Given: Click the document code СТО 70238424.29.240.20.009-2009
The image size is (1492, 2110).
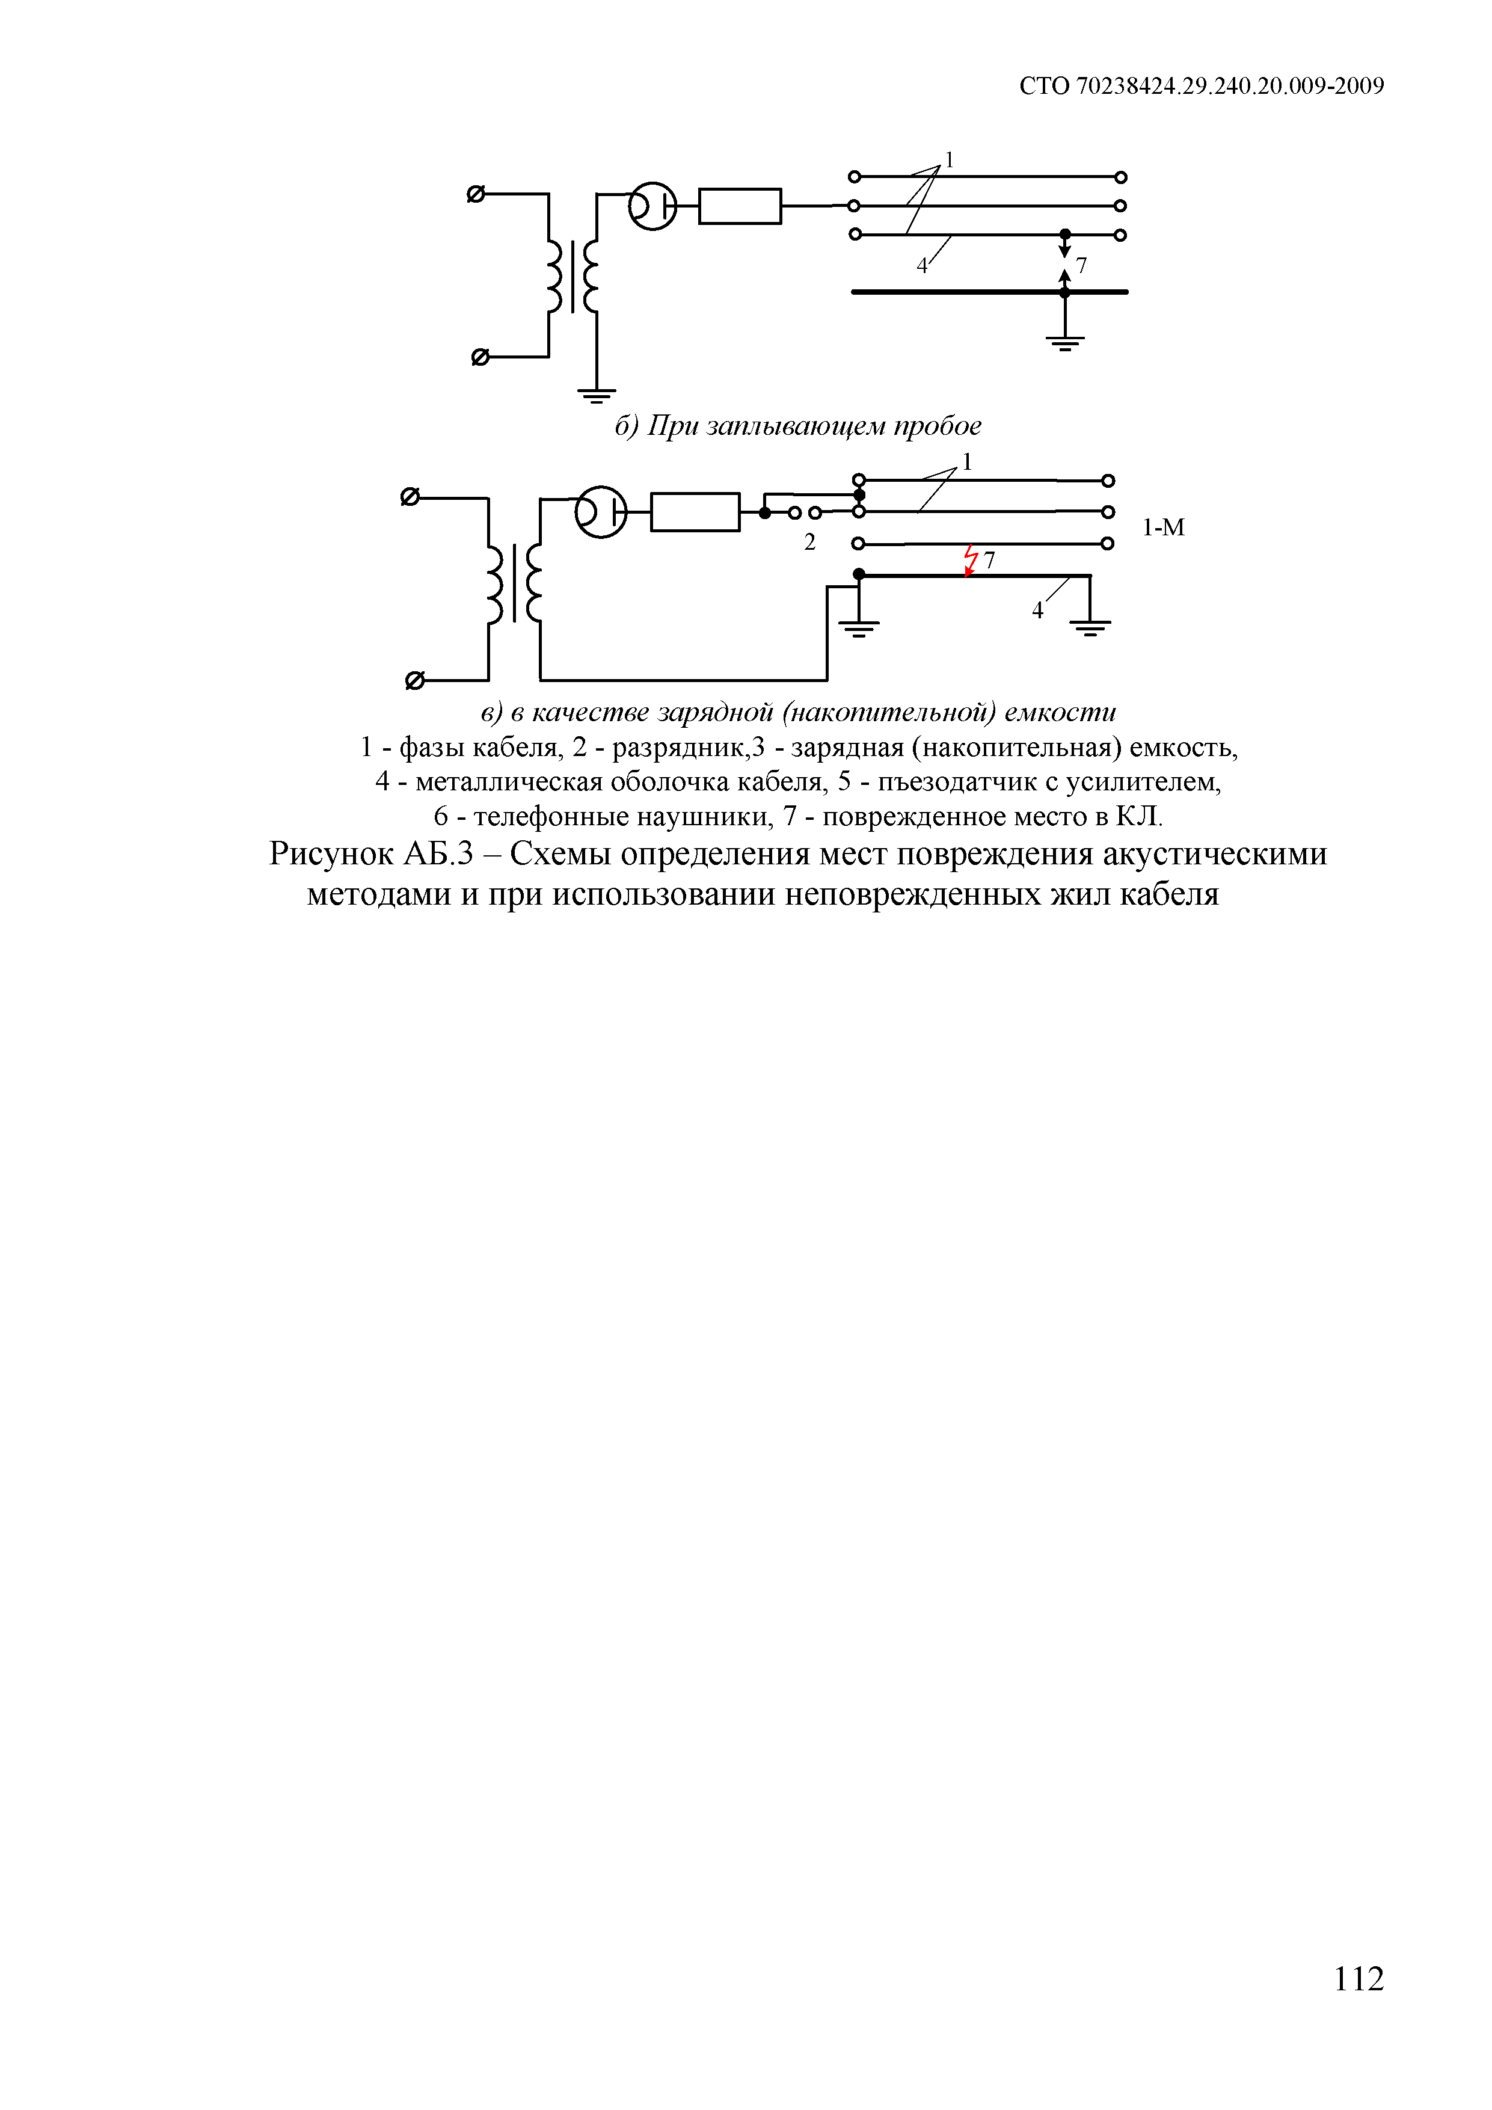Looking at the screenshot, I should point(1201,87).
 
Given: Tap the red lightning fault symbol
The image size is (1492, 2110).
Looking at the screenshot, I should point(970,559).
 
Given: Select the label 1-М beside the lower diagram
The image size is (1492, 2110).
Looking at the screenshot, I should point(1163,527).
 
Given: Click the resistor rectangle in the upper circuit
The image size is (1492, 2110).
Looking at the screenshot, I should point(740,206).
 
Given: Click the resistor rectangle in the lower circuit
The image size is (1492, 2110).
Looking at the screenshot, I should point(695,512).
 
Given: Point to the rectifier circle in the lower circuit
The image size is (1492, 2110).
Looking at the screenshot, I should point(600,512).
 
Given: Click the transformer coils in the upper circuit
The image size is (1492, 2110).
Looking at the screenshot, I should point(571,275).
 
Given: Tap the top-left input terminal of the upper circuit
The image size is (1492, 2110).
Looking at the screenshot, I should point(476,194).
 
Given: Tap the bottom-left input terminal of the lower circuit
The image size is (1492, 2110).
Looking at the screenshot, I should point(414,681).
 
